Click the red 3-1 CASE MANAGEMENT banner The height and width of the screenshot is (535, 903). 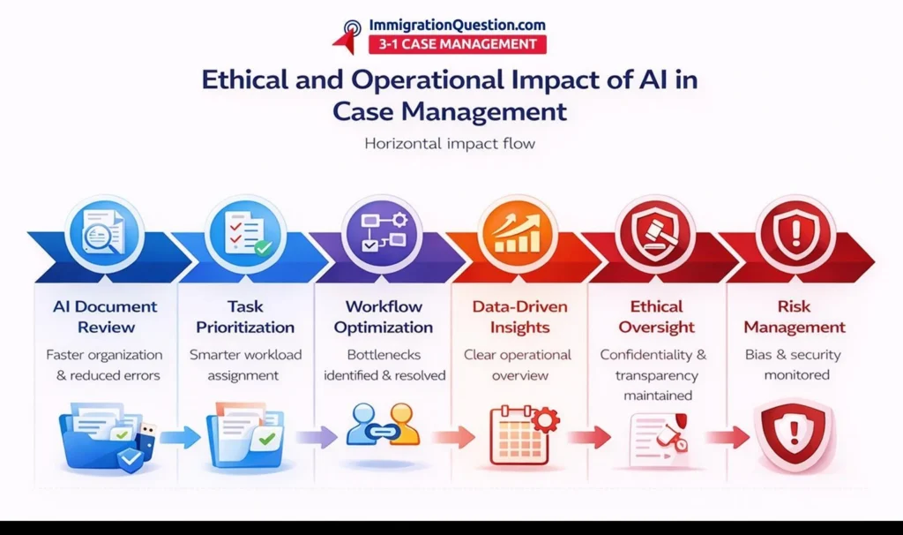click(x=458, y=44)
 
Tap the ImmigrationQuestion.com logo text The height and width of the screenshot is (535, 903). click(x=458, y=25)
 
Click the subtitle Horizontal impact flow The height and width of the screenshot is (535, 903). click(x=450, y=143)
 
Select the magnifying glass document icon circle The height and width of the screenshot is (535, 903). click(x=104, y=233)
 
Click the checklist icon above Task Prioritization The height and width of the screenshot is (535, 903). click(x=246, y=233)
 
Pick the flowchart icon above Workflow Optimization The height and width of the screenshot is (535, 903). click(x=382, y=233)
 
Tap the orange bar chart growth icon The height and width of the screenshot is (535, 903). click(x=519, y=233)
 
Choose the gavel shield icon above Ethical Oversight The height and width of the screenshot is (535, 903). click(x=655, y=233)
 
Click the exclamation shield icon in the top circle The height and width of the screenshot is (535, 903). click(x=795, y=233)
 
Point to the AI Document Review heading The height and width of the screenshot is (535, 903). click(x=106, y=317)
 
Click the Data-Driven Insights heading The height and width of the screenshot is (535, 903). click(x=519, y=317)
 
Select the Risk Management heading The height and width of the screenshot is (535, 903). click(x=795, y=317)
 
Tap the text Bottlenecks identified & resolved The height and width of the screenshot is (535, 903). click(x=384, y=365)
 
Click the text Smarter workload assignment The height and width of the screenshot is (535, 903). click(x=245, y=365)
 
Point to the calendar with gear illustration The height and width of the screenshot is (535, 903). click(x=524, y=435)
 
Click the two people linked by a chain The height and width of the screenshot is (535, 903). click(x=383, y=425)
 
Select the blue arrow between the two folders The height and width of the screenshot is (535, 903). click(x=180, y=438)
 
